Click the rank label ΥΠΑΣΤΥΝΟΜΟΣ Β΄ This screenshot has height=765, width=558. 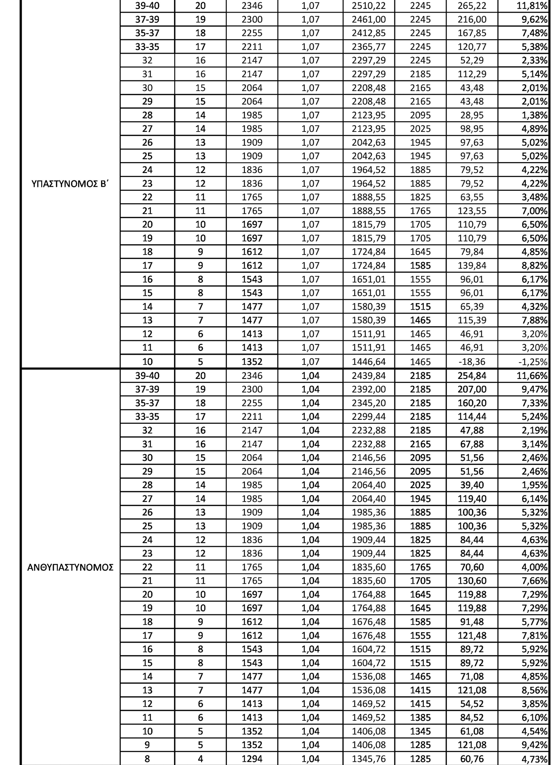[70, 184]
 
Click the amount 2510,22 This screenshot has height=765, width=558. [369, 6]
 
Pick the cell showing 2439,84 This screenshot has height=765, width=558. [369, 376]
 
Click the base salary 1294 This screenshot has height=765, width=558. [252, 759]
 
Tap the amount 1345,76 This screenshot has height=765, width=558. [369, 759]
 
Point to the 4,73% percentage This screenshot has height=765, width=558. [534, 759]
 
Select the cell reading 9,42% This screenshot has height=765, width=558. [534, 745]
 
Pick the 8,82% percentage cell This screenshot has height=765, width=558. [534, 266]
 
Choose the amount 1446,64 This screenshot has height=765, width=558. [369, 362]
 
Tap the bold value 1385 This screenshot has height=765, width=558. [420, 718]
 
